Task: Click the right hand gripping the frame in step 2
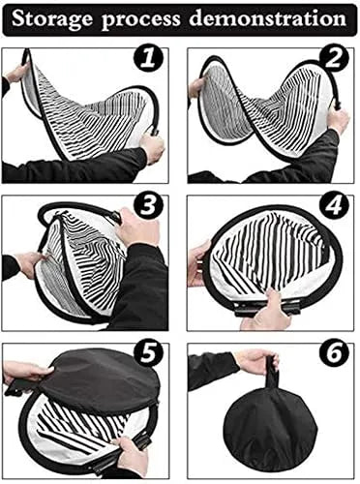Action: pyautogui.click(x=336, y=121)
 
